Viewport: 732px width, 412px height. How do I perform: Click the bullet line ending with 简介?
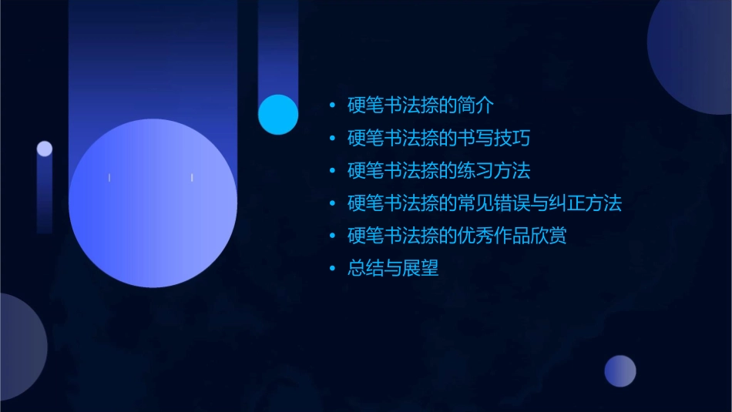coord(420,105)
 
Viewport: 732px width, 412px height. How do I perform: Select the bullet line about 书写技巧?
coord(438,139)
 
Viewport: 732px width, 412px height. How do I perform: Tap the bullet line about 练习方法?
coord(438,170)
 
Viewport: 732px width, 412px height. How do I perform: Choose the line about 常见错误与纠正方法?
coord(484,203)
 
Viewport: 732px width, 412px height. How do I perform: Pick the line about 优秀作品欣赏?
coord(457,236)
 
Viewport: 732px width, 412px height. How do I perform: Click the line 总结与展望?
coord(393,269)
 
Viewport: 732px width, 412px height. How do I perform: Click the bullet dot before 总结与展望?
coord(332,269)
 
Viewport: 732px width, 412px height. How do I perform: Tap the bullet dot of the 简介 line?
coord(332,105)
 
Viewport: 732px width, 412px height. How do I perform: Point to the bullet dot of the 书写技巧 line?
coord(332,139)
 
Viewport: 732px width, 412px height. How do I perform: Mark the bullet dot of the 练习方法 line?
coord(332,170)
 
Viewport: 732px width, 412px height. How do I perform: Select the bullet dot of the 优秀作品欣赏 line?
coord(332,236)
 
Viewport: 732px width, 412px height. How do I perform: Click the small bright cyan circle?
coord(278,114)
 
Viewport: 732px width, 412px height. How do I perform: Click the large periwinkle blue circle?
coord(153,203)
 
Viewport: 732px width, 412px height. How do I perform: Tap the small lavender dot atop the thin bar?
coord(45,149)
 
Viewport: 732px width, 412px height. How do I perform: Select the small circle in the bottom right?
coord(620,370)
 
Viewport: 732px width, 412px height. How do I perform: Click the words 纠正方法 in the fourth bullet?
coord(585,203)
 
